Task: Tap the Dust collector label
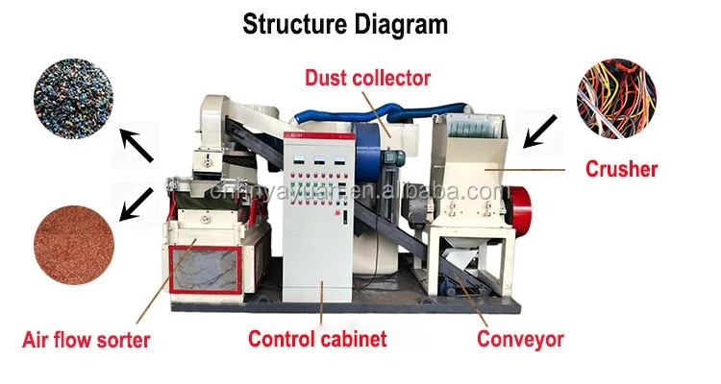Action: click(368, 76)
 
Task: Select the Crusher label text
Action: click(622, 170)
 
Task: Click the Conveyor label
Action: click(520, 338)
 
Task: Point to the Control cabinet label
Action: click(317, 338)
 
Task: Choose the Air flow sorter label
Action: click(86, 339)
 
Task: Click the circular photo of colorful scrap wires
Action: click(615, 96)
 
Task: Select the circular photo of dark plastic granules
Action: click(74, 96)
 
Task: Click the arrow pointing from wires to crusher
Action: click(542, 130)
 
